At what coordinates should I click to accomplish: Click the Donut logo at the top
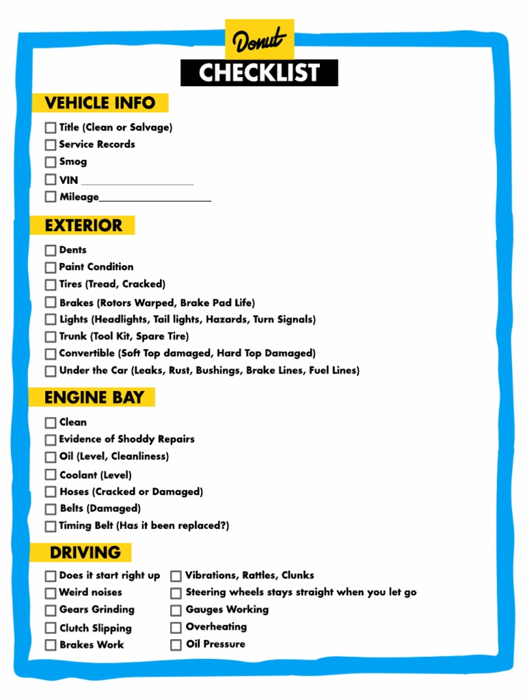(259, 40)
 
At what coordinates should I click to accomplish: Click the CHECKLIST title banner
(259, 73)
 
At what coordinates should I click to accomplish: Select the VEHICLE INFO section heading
(100, 103)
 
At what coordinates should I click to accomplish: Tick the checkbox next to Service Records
(51, 145)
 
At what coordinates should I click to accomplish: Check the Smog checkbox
(51, 162)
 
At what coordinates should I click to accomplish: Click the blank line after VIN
(137, 183)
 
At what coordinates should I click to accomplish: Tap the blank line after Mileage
(155, 200)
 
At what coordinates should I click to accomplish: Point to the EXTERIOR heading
(83, 226)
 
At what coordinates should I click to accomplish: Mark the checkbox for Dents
(51, 250)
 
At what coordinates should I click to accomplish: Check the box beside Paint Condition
(51, 267)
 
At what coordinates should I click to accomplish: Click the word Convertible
(87, 353)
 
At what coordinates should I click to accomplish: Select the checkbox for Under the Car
(51, 371)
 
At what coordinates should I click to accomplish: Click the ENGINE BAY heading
(94, 397)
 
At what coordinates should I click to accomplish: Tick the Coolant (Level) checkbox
(51, 474)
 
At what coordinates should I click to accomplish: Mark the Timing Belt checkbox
(51, 526)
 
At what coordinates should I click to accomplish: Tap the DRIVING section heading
(85, 552)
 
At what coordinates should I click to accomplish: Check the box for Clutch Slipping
(51, 628)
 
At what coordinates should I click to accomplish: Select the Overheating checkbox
(176, 627)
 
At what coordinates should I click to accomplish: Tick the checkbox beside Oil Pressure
(176, 645)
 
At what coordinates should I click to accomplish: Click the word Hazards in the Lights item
(230, 319)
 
